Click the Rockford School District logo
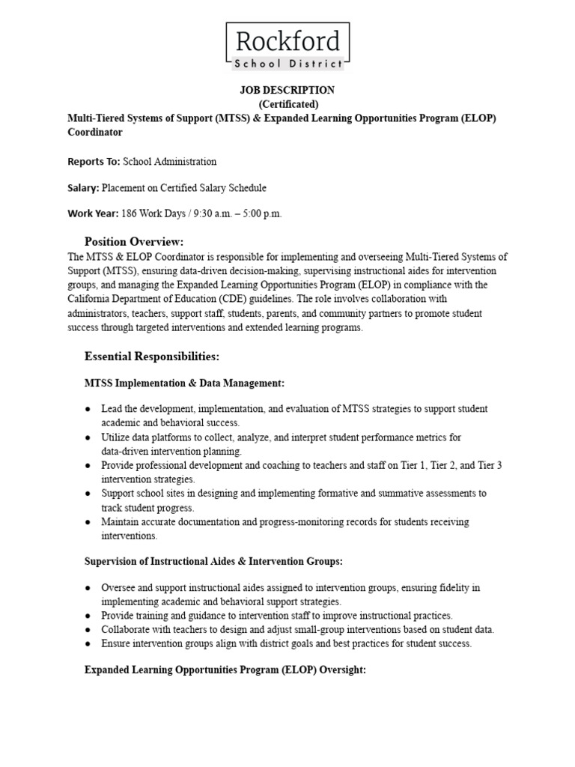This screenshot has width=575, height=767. click(287, 46)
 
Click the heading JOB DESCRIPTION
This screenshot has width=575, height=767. click(287, 90)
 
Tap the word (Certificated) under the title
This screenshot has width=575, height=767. click(287, 104)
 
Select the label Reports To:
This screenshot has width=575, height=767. click(94, 161)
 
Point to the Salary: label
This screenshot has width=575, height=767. click(84, 188)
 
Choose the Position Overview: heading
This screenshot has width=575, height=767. click(134, 241)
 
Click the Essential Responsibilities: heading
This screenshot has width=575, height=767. click(152, 356)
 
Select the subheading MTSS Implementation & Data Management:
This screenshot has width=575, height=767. click(184, 383)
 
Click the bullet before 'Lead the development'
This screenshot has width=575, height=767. click(88, 409)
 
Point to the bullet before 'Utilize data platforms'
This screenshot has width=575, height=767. click(88, 437)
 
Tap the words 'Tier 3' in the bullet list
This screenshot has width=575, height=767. click(489, 465)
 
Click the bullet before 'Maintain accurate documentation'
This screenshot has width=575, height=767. click(88, 522)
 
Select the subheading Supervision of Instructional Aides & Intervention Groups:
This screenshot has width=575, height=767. click(214, 560)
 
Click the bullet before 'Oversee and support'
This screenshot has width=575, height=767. click(88, 588)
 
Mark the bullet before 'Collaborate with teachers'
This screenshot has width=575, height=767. click(88, 630)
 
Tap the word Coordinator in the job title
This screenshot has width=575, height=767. click(95, 133)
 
